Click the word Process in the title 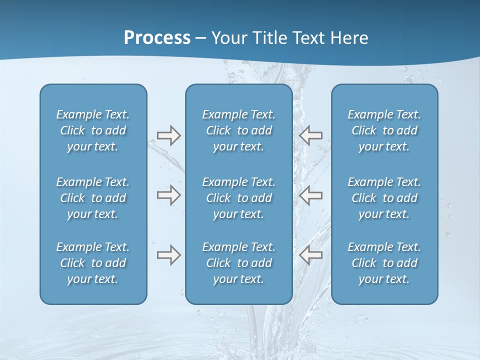tap(157, 37)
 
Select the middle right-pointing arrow tap(168, 195)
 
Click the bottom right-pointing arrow tap(168, 255)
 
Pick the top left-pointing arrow tap(311, 135)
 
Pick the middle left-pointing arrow tap(311, 195)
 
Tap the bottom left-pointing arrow tap(311, 255)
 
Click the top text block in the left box tap(93, 130)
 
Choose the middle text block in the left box tap(93, 198)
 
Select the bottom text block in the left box tap(93, 263)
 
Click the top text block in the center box tap(238, 130)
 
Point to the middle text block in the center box tap(238, 198)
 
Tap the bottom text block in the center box tap(238, 263)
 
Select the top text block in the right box tap(384, 130)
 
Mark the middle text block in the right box tap(384, 198)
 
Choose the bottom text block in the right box tap(384, 263)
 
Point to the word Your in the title tap(227, 37)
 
